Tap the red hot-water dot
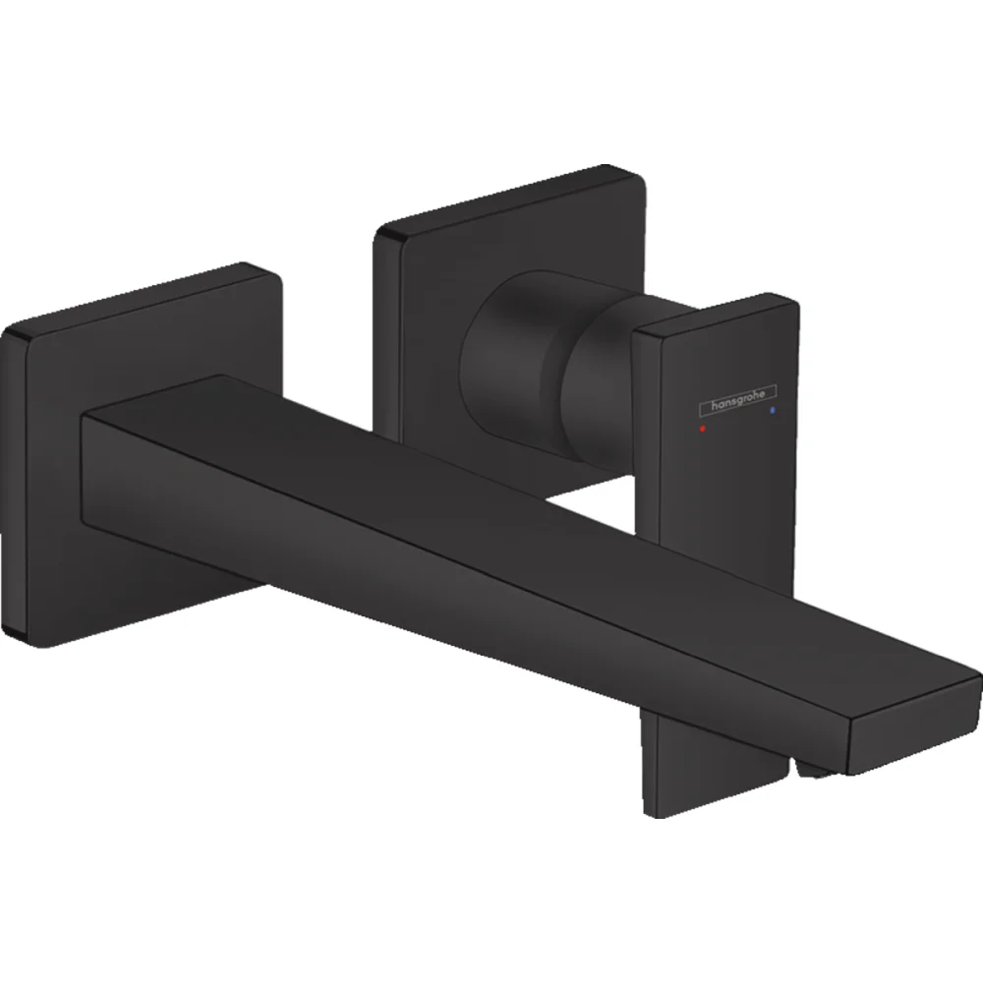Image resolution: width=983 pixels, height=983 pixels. [x=702, y=431]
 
